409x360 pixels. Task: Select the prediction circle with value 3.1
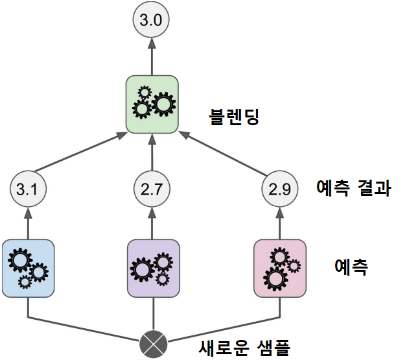click(28, 189)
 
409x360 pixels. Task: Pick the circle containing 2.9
click(279, 189)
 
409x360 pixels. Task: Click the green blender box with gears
click(152, 104)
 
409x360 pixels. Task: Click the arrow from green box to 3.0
click(151, 56)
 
